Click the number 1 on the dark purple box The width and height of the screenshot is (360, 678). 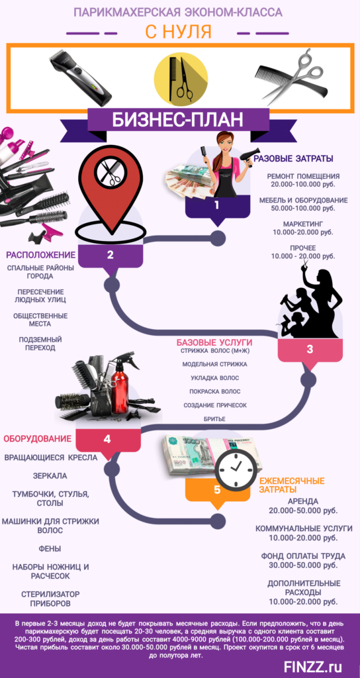217,205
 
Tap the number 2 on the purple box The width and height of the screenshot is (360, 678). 111,255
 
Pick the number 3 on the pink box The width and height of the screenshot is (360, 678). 310,350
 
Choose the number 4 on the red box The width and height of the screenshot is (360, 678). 107,440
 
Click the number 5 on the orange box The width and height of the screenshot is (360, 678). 217,489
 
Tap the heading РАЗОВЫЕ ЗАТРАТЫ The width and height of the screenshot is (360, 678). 293,159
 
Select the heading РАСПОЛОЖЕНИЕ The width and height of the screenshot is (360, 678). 40,254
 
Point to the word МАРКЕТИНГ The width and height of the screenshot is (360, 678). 303,224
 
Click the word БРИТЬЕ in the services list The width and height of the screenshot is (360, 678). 214,419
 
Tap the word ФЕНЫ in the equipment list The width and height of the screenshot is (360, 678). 50,549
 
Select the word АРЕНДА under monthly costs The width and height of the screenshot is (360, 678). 303,502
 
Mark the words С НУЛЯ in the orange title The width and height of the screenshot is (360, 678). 178,32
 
